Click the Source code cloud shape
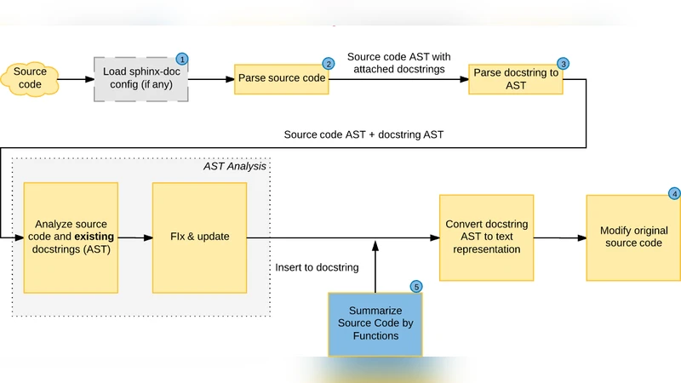coord(30,78)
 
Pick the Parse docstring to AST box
coord(517,79)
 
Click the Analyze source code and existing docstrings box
coord(70,237)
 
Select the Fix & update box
coord(199,237)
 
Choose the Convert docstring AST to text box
coord(486,237)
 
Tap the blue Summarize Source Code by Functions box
coord(375,323)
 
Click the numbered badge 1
coord(181,59)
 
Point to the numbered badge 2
coord(328,64)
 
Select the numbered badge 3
coord(562,64)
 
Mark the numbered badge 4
coord(674,193)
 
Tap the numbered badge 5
coord(416,287)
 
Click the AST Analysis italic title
coord(234,166)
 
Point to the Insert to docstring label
coord(317,267)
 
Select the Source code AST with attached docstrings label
coord(398,63)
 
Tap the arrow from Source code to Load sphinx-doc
coord(74,79)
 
